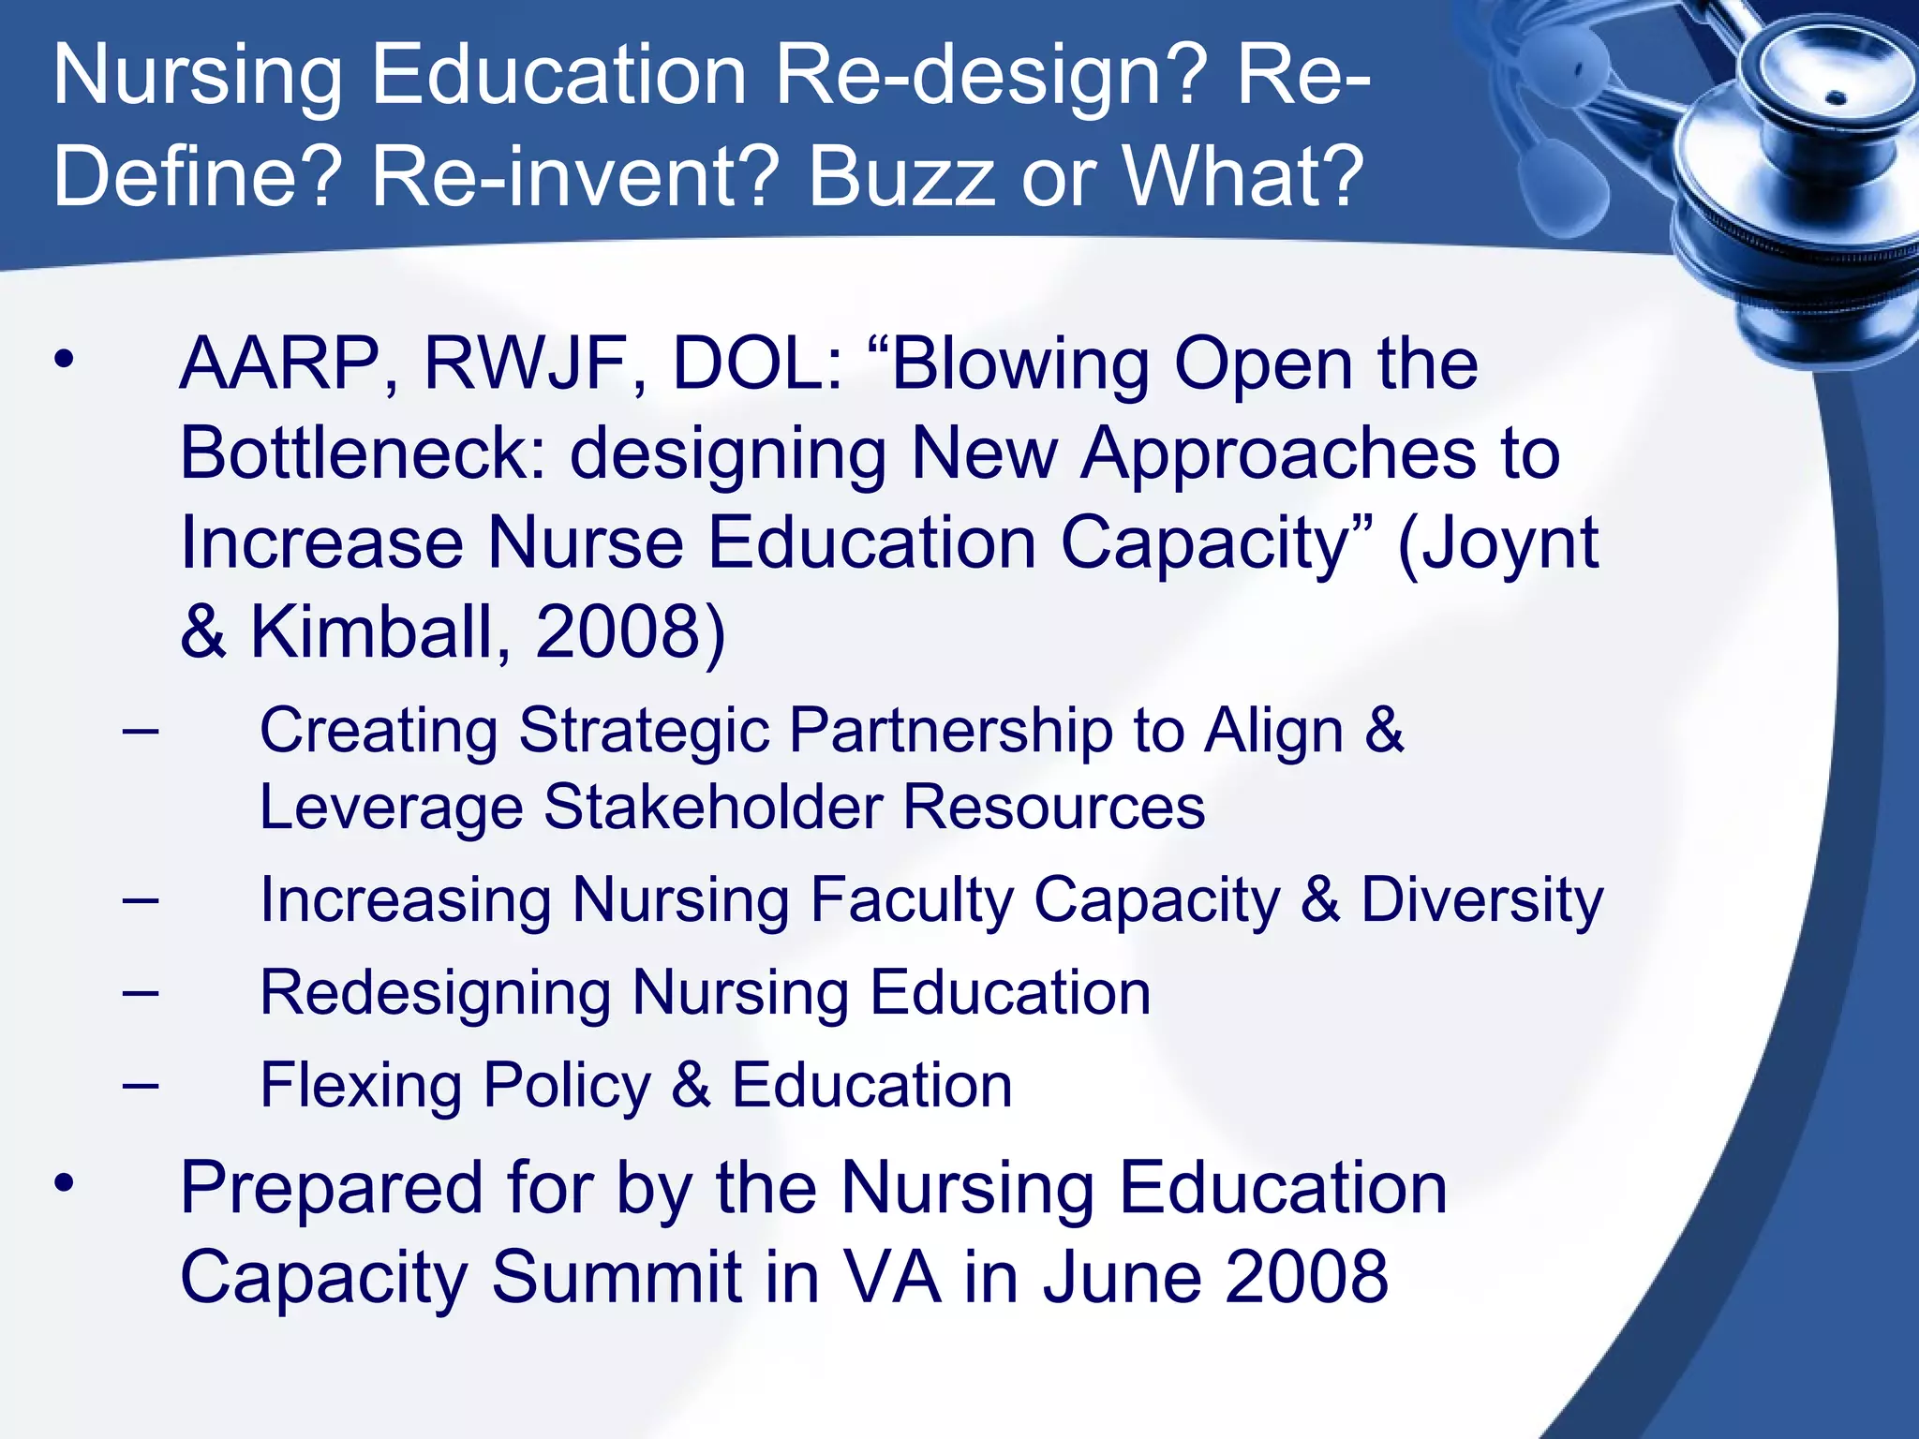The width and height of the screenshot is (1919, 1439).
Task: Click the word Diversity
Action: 1481,899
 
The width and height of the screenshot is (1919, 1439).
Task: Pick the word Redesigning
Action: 436,993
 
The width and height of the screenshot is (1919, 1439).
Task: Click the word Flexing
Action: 361,1085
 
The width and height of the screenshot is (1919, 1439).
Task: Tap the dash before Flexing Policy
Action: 140,1086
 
